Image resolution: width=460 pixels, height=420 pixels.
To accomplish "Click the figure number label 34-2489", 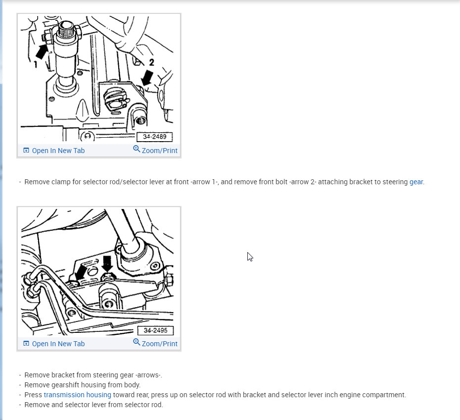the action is (x=155, y=137).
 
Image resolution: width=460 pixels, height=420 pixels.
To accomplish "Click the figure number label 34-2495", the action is (x=155, y=330).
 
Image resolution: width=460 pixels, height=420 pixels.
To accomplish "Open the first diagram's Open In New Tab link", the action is (x=58, y=151).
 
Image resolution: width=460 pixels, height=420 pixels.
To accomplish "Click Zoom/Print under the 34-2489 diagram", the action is (x=160, y=151).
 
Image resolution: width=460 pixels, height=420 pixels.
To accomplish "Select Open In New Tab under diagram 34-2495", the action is (x=58, y=344).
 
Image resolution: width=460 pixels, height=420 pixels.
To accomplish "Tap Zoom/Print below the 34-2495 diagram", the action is (x=160, y=344).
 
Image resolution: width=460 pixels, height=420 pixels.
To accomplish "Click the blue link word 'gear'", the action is (x=416, y=182).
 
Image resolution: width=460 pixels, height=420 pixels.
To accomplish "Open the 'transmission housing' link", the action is (x=78, y=395).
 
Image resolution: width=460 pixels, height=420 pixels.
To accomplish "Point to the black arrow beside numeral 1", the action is (x=42, y=51).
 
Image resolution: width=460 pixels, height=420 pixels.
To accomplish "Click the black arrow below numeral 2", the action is (x=147, y=78).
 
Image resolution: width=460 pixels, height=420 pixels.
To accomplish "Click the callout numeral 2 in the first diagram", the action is (x=151, y=62).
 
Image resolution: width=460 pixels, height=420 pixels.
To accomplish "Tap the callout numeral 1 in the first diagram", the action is (x=36, y=64).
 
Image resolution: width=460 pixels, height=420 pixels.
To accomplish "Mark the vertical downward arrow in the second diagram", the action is (x=107, y=263).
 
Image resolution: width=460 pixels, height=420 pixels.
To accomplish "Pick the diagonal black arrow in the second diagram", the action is (x=81, y=272).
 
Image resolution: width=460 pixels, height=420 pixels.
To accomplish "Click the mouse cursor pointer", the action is (x=250, y=257).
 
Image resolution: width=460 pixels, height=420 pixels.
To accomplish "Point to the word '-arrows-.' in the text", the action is (x=149, y=375).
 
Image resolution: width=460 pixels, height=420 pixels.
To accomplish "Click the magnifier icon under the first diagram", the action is (x=137, y=149).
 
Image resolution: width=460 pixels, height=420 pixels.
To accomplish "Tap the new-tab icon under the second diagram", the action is (x=26, y=343).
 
